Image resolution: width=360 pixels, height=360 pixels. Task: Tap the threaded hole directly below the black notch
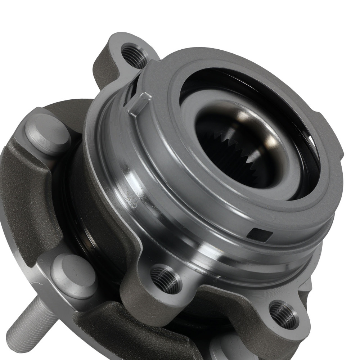click(x=166, y=279)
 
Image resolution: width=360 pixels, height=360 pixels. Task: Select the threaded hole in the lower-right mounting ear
click(x=284, y=315)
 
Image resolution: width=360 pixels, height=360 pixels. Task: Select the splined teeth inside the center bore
click(x=230, y=151)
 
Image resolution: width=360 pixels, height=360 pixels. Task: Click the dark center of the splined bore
click(x=248, y=169)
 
